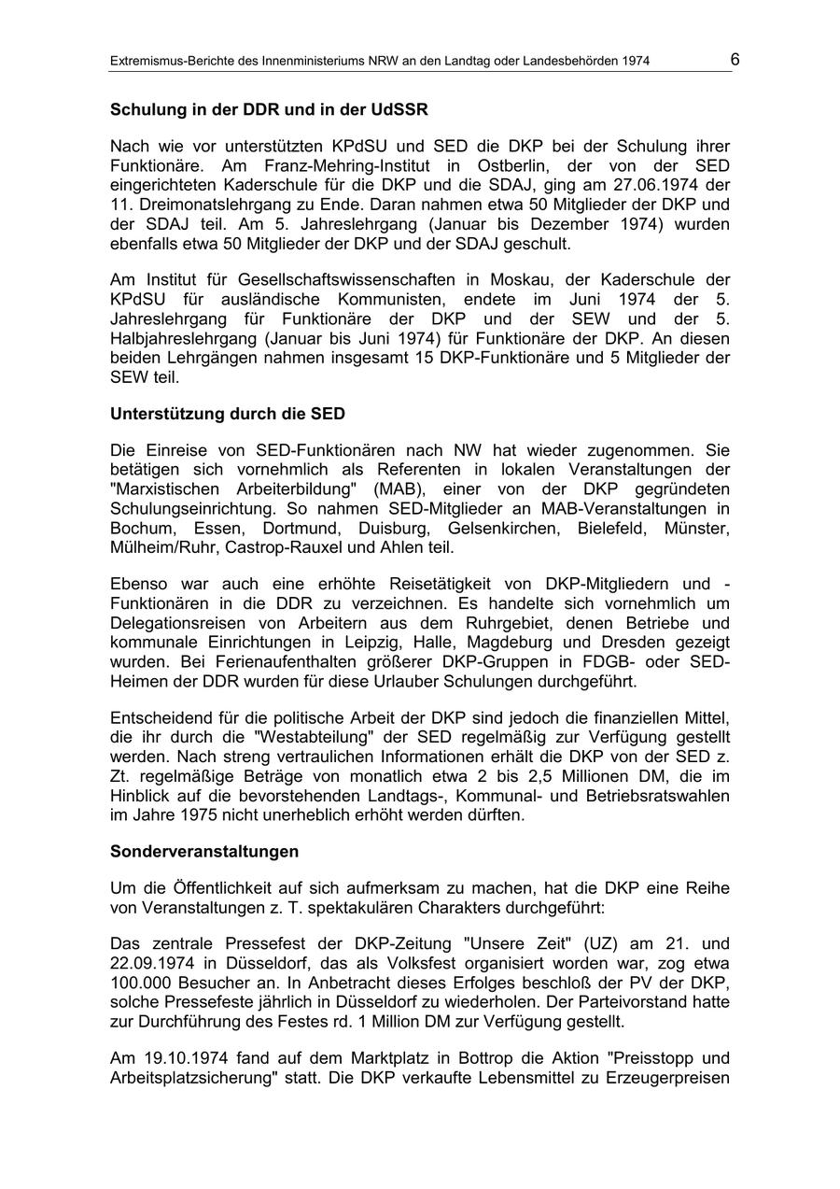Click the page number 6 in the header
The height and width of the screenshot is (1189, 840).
click(x=735, y=60)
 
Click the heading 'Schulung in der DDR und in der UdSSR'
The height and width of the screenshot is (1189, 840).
click(x=269, y=109)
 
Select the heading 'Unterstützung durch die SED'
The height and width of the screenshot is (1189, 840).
click(x=228, y=413)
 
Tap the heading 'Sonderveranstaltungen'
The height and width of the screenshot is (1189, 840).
click(x=204, y=851)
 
